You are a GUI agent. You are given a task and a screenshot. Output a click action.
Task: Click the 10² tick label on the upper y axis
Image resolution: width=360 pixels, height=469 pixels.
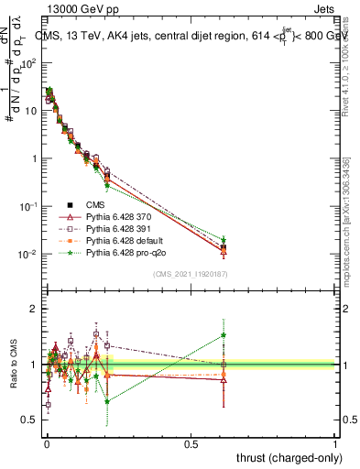(29, 63)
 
